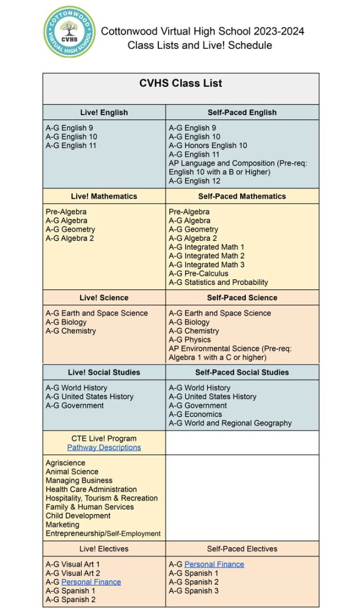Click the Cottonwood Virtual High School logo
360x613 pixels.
click(70, 32)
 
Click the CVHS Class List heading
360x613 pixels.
click(181, 83)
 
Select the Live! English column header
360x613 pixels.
click(104, 112)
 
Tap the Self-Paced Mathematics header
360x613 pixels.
click(242, 196)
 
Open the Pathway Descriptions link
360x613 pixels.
click(104, 447)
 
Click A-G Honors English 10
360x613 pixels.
click(208, 146)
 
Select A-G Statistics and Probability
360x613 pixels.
click(218, 282)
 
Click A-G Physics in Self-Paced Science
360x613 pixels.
click(190, 339)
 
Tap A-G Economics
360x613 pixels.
click(195, 414)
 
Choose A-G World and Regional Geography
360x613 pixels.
click(230, 423)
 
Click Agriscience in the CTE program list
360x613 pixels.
click(65, 463)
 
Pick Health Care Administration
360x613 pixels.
click(91, 489)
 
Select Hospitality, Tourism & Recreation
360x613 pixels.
click(102, 498)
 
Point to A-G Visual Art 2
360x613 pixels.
click(73, 573)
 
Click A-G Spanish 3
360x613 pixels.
click(194, 591)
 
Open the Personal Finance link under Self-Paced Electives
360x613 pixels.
click(214, 564)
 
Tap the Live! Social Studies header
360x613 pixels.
click(104, 372)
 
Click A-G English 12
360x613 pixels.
click(194, 181)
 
